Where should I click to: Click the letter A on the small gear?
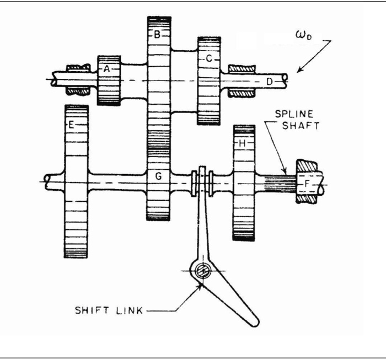pos(108,69)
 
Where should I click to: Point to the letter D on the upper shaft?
pos(270,81)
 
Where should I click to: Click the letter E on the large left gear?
pos(71,125)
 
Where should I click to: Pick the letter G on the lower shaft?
pos(158,176)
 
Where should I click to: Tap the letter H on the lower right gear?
pos(244,143)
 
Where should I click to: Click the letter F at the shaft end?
pos(307,181)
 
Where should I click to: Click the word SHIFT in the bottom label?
pos(92,310)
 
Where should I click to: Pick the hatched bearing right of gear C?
pos(241,69)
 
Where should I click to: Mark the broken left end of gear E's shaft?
pos(47,180)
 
